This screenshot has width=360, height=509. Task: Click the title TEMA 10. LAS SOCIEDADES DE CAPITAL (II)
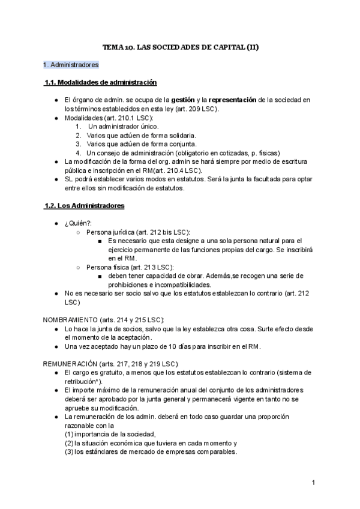click(x=180, y=47)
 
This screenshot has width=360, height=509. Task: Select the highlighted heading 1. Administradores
click(x=71, y=64)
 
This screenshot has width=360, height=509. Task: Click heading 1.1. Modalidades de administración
click(x=101, y=82)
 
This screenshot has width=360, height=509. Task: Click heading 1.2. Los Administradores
click(x=84, y=205)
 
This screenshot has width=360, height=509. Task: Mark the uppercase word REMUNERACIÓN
click(x=77, y=364)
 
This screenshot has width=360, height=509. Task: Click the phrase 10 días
click(x=175, y=347)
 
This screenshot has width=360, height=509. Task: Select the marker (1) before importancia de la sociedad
click(x=69, y=435)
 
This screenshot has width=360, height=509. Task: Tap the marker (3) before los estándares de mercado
click(x=69, y=452)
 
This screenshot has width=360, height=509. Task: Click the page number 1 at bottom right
click(x=314, y=483)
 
